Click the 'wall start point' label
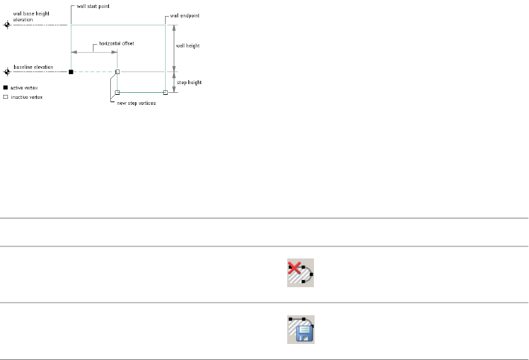tap(93, 6)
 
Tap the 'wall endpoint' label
tap(184, 15)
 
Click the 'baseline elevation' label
tap(33, 67)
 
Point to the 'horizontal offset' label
tap(116, 43)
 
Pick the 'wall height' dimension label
tap(188, 46)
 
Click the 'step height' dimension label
tap(189, 82)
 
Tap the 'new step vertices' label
tap(136, 103)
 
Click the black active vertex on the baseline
tap(71, 71)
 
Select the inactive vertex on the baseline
tap(118, 71)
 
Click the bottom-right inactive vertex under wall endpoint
tap(165, 92)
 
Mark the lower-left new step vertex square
tap(118, 92)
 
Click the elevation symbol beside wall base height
tap(7, 25)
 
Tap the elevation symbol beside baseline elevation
tap(7, 71)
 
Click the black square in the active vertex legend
tap(6, 87)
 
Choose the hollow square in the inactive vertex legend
tap(6, 97)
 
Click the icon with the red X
tap(301, 273)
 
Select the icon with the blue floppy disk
tap(301, 329)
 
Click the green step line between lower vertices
tap(142, 92)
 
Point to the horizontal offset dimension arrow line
tap(94, 51)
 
